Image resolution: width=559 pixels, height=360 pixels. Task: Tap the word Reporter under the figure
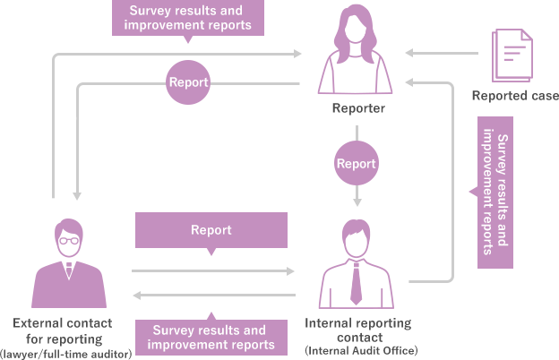click(x=358, y=108)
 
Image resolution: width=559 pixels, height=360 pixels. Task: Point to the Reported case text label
click(x=515, y=96)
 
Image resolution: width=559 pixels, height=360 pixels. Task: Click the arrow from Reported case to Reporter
click(x=443, y=54)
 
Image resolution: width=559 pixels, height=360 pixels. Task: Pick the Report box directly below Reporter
click(x=356, y=163)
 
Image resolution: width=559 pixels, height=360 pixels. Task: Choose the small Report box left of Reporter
click(x=189, y=81)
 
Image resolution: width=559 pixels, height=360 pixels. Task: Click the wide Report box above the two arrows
click(x=211, y=230)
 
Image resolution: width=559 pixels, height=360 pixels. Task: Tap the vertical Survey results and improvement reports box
click(x=494, y=192)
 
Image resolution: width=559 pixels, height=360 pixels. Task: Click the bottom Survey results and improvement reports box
click(x=211, y=338)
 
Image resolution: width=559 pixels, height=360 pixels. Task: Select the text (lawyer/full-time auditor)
click(x=67, y=354)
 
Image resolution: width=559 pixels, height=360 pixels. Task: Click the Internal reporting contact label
click(x=358, y=330)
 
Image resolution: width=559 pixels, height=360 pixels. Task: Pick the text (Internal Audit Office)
click(x=361, y=349)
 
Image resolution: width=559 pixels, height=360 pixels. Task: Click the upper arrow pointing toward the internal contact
click(x=214, y=270)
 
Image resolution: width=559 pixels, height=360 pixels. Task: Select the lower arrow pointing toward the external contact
click(x=214, y=295)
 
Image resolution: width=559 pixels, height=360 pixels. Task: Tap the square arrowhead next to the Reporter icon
click(x=409, y=54)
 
